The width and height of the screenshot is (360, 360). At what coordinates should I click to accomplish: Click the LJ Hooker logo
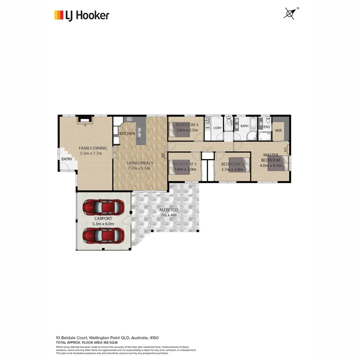coord(82,16)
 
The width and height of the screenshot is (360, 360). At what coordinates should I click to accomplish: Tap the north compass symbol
coord(290,13)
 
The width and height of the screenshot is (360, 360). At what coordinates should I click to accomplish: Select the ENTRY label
coord(66,160)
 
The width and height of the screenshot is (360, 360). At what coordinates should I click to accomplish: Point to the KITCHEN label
coord(127,133)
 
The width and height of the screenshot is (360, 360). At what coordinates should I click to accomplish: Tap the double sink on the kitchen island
coord(140,130)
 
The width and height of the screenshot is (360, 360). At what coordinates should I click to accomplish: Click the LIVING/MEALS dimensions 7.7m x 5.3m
coord(138,168)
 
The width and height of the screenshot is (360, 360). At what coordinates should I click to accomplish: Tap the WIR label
coord(279,130)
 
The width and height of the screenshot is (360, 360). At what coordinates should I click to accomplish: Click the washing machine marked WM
coord(208,128)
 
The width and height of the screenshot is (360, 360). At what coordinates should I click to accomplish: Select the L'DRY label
coord(217,128)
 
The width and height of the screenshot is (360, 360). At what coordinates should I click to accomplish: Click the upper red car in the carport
coord(103,207)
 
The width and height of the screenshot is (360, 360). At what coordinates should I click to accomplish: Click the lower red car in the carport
coord(103,235)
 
